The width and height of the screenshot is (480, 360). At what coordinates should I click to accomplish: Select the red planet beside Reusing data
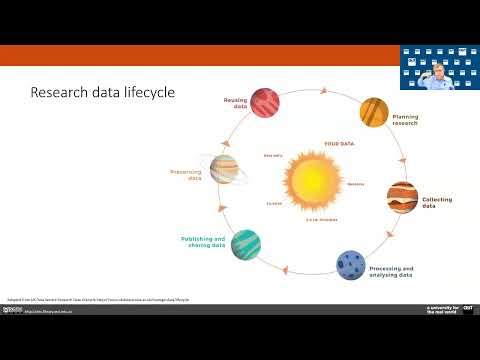[x=264, y=102]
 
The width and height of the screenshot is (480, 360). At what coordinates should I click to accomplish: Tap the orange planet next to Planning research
[x=373, y=110]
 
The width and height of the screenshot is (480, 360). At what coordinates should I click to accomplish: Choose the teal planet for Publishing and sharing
[x=246, y=244]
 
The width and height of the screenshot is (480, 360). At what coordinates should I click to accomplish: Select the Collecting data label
[x=437, y=203]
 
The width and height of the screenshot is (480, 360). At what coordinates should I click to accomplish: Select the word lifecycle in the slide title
[x=147, y=93]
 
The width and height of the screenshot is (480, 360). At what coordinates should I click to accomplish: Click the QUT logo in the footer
[x=467, y=310]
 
